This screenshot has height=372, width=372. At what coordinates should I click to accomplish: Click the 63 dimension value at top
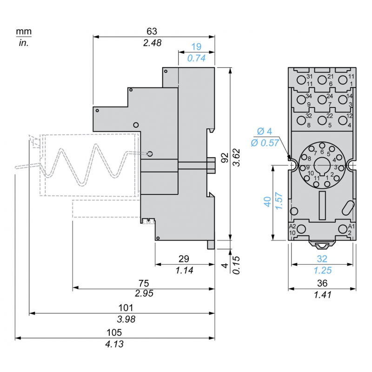[x=152, y=31]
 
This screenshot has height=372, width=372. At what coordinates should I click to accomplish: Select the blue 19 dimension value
[x=196, y=47]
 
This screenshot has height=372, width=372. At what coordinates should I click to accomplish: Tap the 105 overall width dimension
[x=114, y=332]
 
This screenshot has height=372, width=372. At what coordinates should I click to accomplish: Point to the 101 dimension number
[x=126, y=308]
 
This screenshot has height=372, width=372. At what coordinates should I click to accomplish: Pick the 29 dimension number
[x=184, y=259]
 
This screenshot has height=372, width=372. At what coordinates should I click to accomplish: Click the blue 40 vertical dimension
[x=267, y=202]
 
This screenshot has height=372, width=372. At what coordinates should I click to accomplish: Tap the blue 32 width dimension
[x=322, y=259]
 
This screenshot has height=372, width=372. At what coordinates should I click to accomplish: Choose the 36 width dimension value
[x=322, y=283]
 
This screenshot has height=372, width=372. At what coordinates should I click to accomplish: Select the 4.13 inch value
[x=114, y=345]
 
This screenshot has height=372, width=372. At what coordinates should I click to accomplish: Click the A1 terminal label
[x=351, y=226]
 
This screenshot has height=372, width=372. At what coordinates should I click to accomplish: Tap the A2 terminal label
[x=292, y=226]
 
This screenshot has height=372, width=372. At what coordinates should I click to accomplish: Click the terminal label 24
[x=330, y=96]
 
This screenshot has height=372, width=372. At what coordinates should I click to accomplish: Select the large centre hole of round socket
[x=321, y=165]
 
